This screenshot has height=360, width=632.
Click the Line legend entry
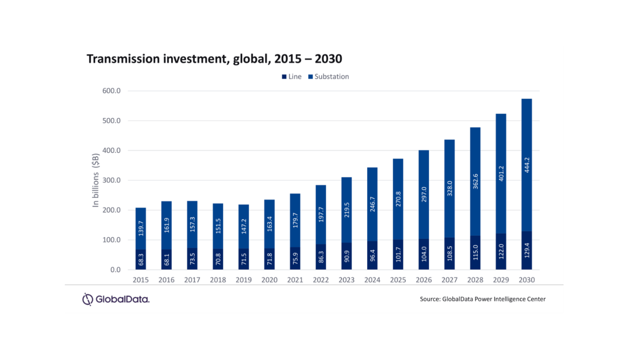(x=292, y=77)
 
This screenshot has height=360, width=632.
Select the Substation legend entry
(x=328, y=77)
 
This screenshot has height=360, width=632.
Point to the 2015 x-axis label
(x=141, y=280)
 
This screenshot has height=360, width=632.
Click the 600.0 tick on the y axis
(x=112, y=91)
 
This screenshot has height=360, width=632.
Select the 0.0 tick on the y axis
(x=115, y=270)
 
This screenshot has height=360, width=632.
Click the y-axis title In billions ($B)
(x=96, y=180)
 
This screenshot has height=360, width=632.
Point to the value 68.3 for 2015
(x=141, y=258)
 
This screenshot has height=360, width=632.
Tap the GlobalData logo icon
(x=88, y=299)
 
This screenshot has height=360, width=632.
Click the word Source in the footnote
(x=429, y=299)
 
